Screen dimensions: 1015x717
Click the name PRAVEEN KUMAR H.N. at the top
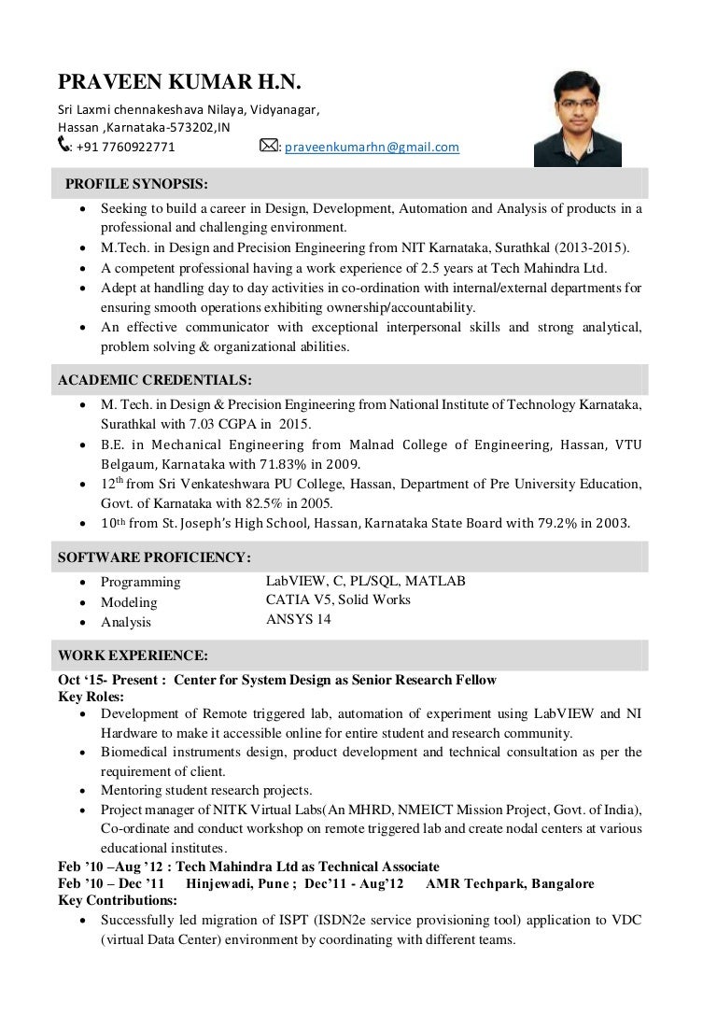[x=179, y=83]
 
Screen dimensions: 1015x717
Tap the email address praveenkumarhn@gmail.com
[x=372, y=147]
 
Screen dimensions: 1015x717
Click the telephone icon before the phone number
[x=63, y=145]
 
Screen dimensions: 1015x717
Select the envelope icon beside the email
[x=268, y=146]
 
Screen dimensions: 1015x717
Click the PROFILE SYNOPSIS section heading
[x=136, y=182]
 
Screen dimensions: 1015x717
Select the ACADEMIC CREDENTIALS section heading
[x=154, y=380]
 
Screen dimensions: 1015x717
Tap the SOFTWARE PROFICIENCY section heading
[x=154, y=557]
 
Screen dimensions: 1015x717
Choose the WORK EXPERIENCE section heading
[x=133, y=656]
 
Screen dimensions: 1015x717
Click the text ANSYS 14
[x=298, y=619]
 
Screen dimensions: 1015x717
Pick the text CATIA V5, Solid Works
[x=338, y=599]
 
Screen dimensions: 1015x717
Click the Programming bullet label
[x=141, y=582]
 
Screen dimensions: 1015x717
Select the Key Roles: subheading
[x=91, y=697]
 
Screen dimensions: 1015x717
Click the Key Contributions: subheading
[x=118, y=900]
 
